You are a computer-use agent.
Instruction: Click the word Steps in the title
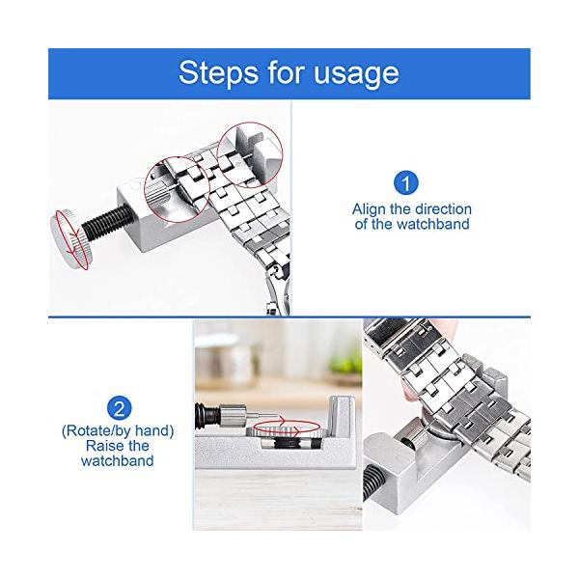tap(218, 72)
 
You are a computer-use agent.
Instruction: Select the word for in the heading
tap(286, 71)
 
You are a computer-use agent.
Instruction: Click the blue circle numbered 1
tap(406, 182)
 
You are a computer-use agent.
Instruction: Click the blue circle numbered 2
tap(120, 409)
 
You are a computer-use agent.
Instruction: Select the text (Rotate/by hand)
tap(118, 431)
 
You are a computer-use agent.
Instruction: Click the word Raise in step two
tap(101, 446)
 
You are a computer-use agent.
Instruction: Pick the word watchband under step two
tap(118, 460)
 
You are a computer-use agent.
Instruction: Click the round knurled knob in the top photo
tap(69, 239)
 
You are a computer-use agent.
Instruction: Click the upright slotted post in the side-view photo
tap(341, 415)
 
